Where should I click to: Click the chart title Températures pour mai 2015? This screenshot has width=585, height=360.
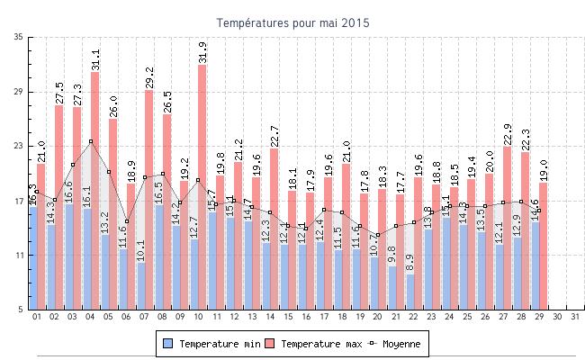click(x=292, y=22)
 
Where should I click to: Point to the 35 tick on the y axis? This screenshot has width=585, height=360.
click(x=20, y=37)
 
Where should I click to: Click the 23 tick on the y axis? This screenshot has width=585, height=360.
click(x=20, y=146)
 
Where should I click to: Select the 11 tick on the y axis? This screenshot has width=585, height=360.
click(x=20, y=256)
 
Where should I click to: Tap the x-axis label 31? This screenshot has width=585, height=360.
click(x=575, y=317)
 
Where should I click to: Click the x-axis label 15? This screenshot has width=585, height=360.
click(x=288, y=317)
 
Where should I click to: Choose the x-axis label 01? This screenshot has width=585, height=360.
click(x=37, y=317)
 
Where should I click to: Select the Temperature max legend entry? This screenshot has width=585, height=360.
click(x=315, y=344)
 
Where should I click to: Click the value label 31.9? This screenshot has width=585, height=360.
click(x=202, y=52)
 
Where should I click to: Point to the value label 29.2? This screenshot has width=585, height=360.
click(x=148, y=77)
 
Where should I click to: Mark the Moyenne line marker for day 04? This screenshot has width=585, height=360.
click(x=91, y=141)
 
